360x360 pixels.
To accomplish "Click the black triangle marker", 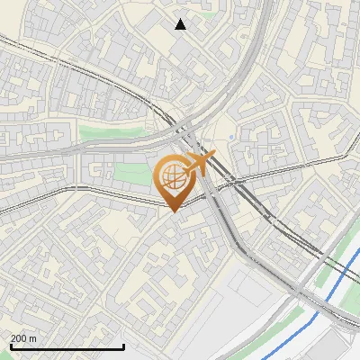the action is click(181, 24).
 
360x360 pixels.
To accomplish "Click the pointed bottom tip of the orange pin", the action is click(174, 212).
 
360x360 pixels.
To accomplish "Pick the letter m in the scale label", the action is click(33, 338).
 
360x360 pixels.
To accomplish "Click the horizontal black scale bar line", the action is click(67, 346).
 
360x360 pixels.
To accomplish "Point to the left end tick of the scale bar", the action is click(10, 345).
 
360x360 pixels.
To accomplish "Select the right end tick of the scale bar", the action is click(123, 345).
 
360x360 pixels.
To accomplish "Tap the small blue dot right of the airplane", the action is click(231, 137).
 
